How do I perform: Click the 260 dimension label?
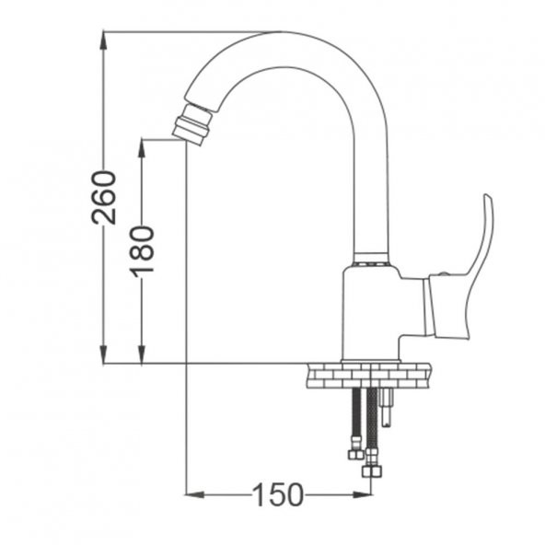click(103, 197)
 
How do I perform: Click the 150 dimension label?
click(277, 494)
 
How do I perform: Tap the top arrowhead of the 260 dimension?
click(103, 41)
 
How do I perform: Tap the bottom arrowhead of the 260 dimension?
click(103, 354)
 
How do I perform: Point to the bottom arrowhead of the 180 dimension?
click(142, 354)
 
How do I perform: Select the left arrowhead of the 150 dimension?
click(194, 494)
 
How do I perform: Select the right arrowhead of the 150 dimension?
click(362, 494)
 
